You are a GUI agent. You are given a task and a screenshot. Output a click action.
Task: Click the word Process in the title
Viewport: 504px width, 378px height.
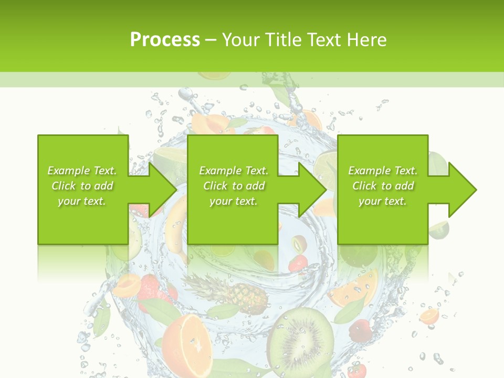165,39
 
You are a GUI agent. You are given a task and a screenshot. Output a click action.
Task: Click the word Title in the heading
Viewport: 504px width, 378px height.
281,39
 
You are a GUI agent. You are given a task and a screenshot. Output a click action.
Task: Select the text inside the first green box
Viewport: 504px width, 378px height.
82,186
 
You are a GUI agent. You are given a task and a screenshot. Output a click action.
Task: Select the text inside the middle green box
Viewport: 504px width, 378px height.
233,186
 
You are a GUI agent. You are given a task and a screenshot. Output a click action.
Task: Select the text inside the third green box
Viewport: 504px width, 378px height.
382,186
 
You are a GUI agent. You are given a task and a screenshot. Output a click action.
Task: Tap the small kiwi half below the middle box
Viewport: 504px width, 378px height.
300,244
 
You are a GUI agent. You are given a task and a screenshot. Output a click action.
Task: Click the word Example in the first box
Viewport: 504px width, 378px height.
68,171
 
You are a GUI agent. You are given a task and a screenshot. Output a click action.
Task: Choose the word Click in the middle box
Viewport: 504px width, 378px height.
215,186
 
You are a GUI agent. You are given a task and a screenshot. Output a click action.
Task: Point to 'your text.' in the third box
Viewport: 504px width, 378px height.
382,201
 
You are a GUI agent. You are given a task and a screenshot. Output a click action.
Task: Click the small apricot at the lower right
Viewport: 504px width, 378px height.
429,316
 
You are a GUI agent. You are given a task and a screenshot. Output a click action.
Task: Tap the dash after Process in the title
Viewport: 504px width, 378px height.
211,39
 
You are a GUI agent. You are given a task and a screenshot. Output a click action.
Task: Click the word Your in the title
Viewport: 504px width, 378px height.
241,39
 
